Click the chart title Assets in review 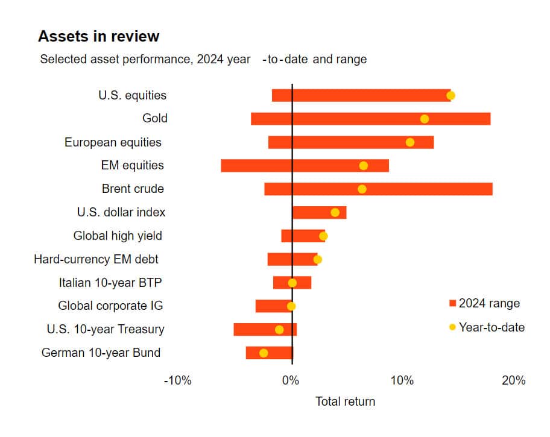pyautogui.click(x=98, y=36)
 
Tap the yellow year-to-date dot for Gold pyautogui.click(x=425, y=119)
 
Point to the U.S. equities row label pyautogui.click(x=132, y=95)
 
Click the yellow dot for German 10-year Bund pyautogui.click(x=264, y=353)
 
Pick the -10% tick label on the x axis pyautogui.click(x=177, y=380)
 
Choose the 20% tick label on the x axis pyautogui.click(x=513, y=380)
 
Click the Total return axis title pyautogui.click(x=345, y=401)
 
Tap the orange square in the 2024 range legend pyautogui.click(x=452, y=303)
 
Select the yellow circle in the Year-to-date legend pyautogui.click(x=452, y=327)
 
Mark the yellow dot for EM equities pyautogui.click(x=364, y=166)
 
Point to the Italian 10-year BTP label pyautogui.click(x=110, y=282)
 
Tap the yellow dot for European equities pyautogui.click(x=410, y=142)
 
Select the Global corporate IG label pyautogui.click(x=110, y=306)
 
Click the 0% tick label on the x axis pyautogui.click(x=291, y=380)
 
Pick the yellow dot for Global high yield pyautogui.click(x=323, y=236)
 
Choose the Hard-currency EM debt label pyautogui.click(x=96, y=259)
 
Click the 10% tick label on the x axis pyautogui.click(x=402, y=380)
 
